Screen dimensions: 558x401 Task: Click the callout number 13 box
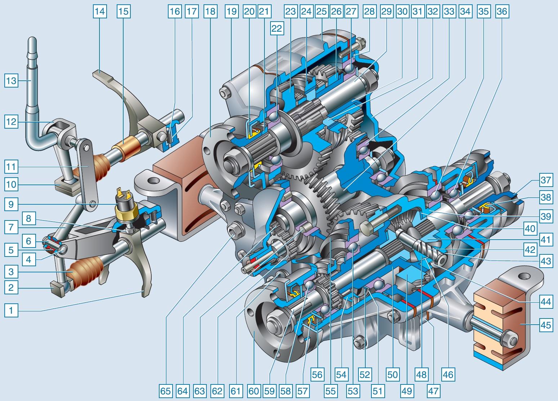11,81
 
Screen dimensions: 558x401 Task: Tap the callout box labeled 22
277,28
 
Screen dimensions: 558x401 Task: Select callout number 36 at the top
502,12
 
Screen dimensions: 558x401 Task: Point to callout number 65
166,391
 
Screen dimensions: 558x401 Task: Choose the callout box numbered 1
11,310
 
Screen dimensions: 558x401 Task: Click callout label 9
11,204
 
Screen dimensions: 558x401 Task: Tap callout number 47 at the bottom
433,391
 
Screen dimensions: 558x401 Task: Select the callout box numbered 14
100,12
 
